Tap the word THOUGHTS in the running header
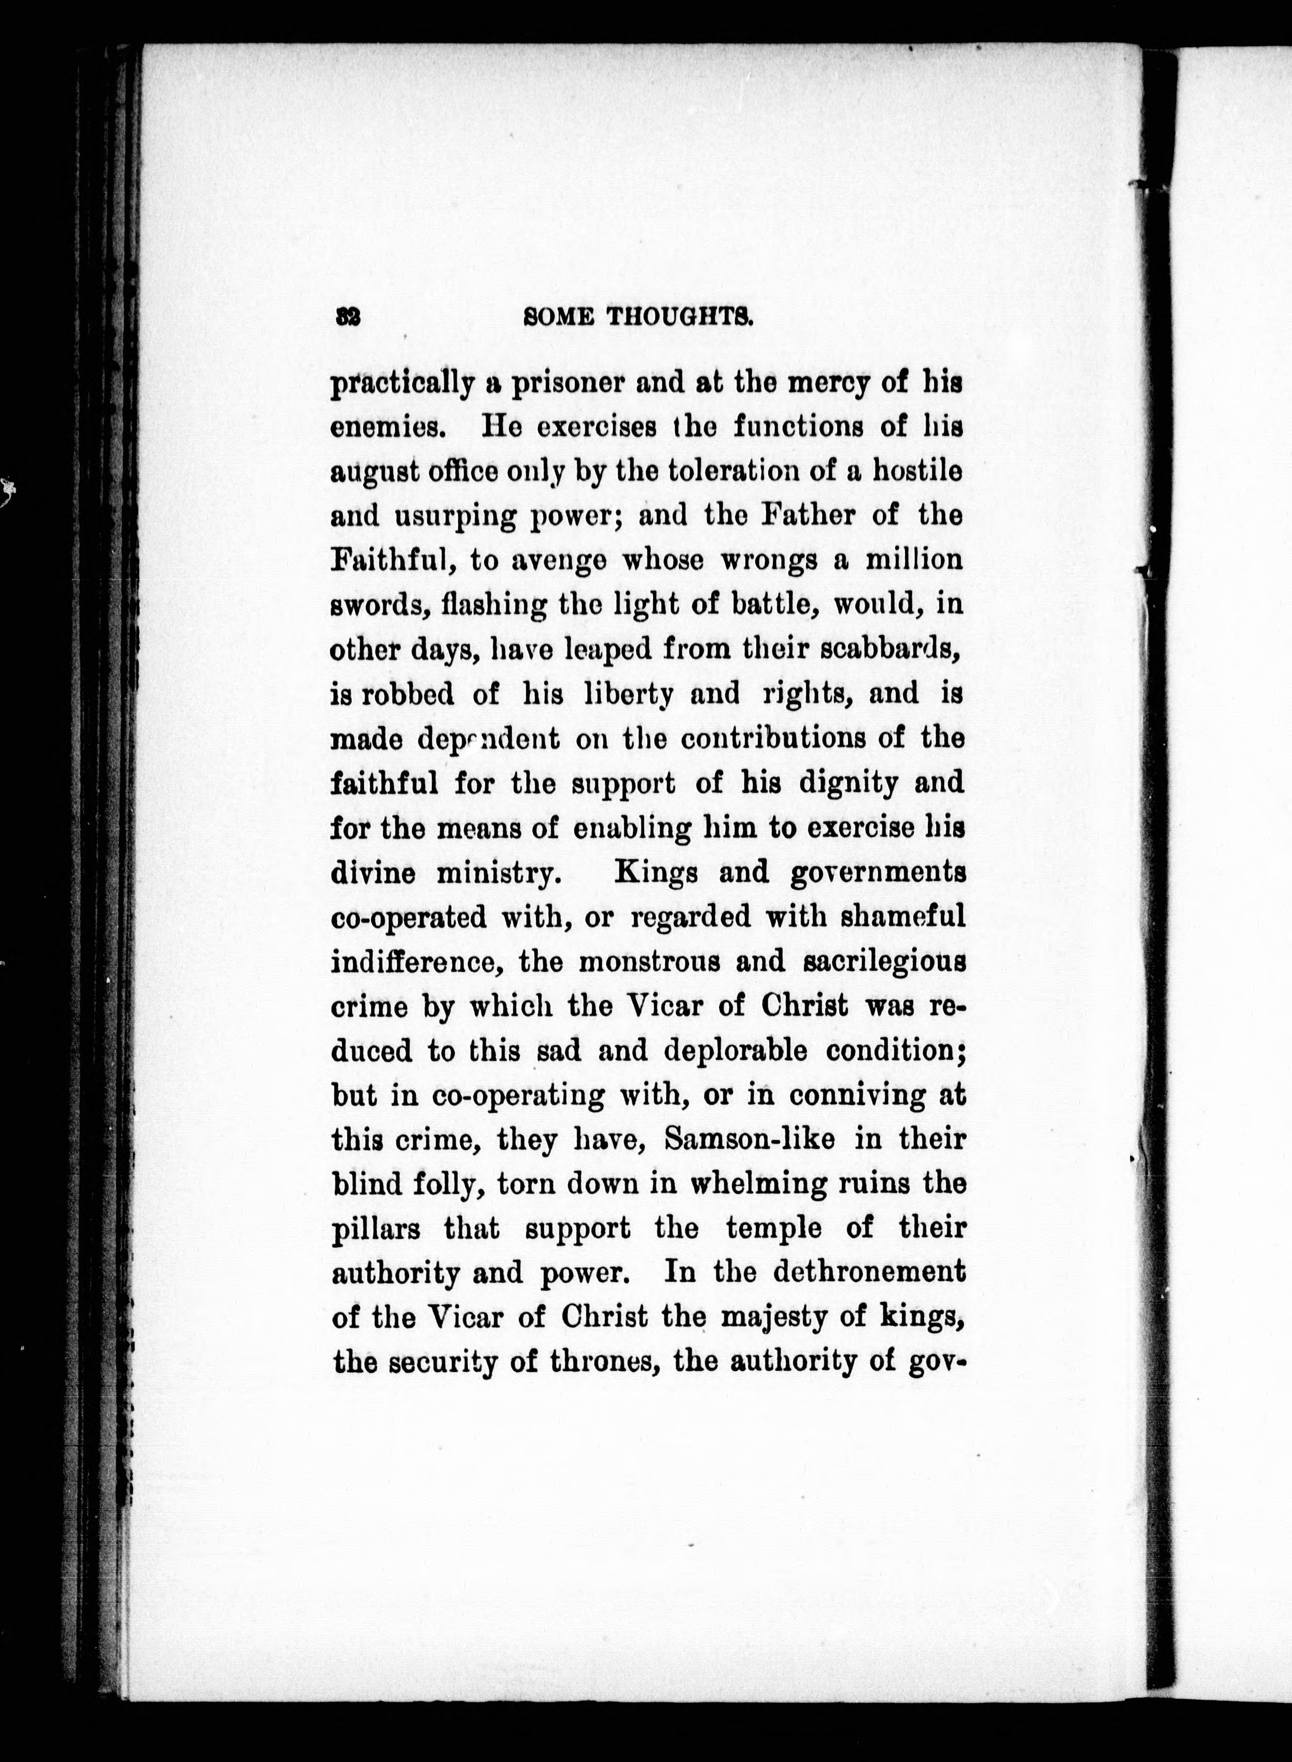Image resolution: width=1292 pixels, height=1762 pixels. [x=680, y=316]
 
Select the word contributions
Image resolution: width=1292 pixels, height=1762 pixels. [x=774, y=738]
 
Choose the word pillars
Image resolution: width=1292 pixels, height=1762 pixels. [x=376, y=1229]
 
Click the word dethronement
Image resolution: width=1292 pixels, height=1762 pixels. [x=869, y=1273]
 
